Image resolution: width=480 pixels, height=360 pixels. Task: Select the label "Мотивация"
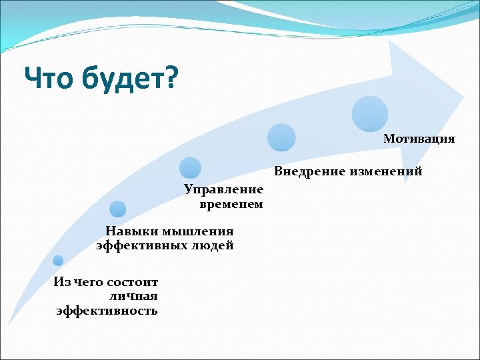[x=419, y=139]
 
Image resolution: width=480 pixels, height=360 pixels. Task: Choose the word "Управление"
[x=224, y=190]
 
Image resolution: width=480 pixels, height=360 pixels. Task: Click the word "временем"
[x=231, y=204]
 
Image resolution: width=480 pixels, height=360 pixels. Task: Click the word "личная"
[x=137, y=296]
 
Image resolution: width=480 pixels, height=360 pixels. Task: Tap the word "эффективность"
[x=107, y=311]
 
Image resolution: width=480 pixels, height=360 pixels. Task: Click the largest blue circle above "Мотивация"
[x=370, y=113]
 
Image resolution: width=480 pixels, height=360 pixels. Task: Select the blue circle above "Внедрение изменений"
[x=281, y=138]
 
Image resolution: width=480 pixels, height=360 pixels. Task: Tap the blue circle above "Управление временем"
[x=191, y=168]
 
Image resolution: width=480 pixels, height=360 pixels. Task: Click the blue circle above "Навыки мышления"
[x=118, y=209]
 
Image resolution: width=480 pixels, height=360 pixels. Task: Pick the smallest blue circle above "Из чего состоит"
[x=59, y=261]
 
